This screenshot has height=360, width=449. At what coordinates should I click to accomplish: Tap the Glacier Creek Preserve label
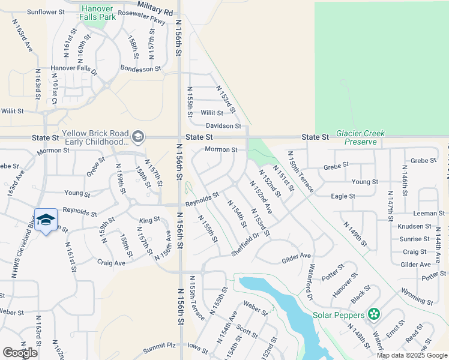point(360,137)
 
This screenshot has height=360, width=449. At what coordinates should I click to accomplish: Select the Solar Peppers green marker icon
point(374,314)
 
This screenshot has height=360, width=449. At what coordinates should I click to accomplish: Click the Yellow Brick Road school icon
point(138,137)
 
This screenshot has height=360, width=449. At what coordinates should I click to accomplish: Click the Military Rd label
point(155,8)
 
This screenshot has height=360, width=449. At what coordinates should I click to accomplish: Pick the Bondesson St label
point(140,68)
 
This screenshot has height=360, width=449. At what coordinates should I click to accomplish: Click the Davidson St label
point(223,126)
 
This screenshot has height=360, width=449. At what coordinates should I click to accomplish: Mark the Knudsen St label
point(414,227)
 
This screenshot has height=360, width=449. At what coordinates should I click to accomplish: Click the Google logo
point(20,352)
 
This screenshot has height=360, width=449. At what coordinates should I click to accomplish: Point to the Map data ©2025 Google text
point(412,355)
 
